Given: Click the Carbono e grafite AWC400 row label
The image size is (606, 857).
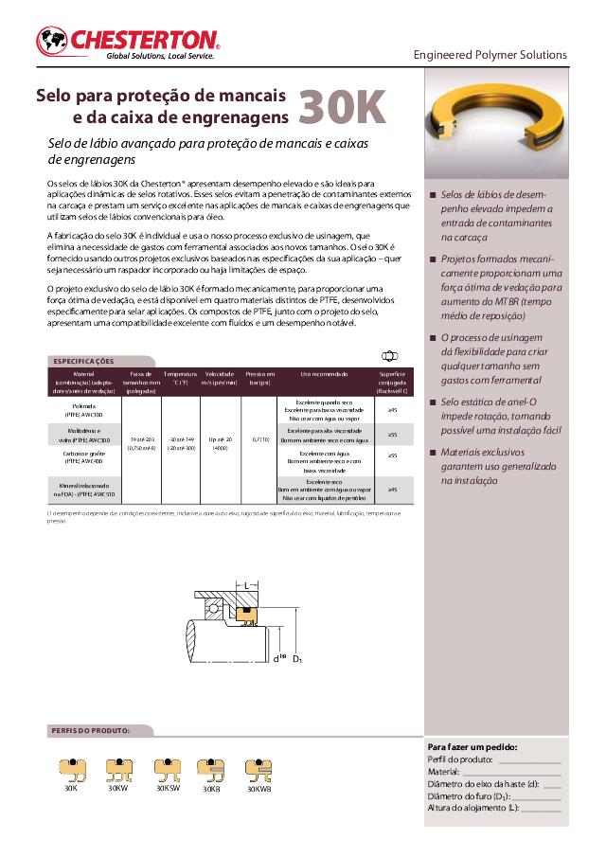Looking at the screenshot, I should pos(84,456).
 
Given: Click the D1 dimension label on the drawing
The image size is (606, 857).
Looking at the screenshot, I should pos(297,657).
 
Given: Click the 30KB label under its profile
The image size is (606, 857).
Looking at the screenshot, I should pos(211,789).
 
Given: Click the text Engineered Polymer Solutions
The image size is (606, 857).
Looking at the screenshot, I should pos(490,55).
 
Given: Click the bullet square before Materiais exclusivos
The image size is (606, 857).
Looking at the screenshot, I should pos(433,453).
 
